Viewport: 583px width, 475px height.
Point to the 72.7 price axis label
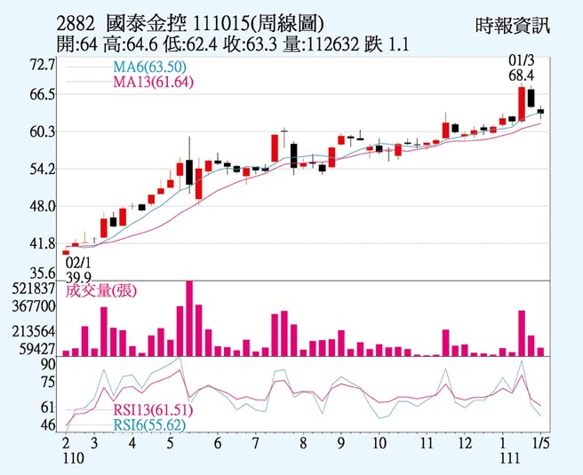pos(42,65)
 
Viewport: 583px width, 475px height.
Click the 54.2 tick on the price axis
pos(42,169)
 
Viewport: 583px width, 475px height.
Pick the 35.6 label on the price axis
pos(42,273)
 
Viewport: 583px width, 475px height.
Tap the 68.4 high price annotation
pos(520,76)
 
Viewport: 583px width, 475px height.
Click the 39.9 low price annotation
pos(79,276)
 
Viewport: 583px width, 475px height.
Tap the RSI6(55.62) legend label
pos(149,425)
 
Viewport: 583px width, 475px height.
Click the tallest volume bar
pos(189,318)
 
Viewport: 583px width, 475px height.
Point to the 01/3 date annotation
pos(520,61)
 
